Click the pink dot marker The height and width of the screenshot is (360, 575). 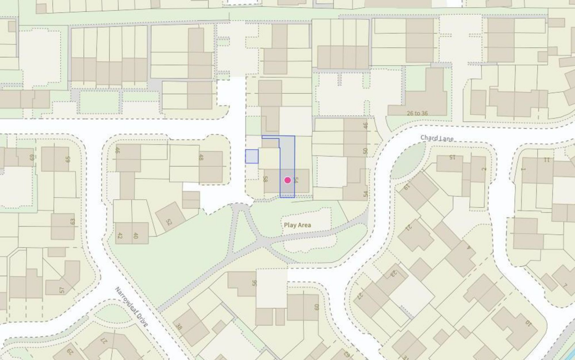click(287, 180)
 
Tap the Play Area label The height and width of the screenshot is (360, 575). click(298, 225)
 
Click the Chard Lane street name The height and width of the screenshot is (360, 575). click(437, 138)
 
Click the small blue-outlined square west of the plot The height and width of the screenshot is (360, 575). click(252, 156)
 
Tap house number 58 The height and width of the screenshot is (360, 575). click(264, 180)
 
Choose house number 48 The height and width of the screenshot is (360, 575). click(200, 158)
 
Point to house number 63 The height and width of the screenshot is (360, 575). click(72, 222)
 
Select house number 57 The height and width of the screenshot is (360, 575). click(62, 290)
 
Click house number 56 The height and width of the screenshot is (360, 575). click(254, 284)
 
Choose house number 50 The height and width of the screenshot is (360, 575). click(366, 151)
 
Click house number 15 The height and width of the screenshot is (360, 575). click(452, 157)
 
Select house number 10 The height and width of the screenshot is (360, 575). click(528, 323)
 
